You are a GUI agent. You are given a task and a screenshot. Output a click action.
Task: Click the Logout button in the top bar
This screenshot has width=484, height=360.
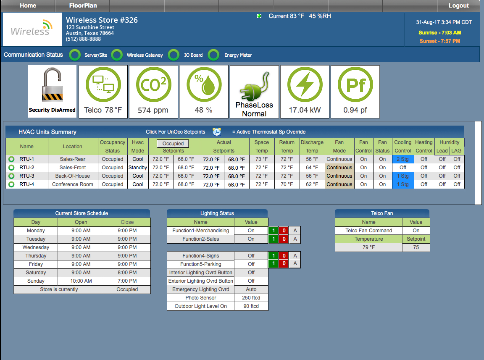click(458, 5)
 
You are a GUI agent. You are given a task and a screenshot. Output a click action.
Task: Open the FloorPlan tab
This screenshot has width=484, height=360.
click(83, 5)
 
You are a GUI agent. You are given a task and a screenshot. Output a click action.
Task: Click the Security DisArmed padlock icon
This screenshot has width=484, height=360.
click(52, 85)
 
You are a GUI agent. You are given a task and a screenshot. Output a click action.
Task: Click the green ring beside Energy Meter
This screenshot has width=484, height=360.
click(214, 55)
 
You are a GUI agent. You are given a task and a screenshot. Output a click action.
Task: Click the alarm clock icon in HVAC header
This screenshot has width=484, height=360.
click(217, 131)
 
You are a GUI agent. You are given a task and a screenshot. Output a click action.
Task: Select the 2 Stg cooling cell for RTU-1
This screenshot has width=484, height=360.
click(402, 159)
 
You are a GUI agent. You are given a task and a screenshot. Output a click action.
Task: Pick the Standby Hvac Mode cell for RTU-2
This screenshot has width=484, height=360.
click(138, 168)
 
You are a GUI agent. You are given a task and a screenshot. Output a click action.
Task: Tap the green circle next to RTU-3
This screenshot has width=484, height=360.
click(11, 176)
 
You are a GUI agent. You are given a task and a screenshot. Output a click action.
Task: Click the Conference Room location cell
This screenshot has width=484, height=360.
click(73, 184)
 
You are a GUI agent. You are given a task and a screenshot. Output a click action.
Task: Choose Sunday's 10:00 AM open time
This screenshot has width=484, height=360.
click(81, 281)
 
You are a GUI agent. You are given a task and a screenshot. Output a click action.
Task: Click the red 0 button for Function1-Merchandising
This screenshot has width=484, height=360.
click(284, 231)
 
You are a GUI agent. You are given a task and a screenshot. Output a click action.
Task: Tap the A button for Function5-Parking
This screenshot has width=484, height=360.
click(295, 264)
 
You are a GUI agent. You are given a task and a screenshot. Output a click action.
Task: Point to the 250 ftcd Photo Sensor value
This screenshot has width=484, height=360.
click(251, 298)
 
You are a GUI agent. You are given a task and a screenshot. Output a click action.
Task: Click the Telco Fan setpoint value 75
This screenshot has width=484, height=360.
click(416, 247)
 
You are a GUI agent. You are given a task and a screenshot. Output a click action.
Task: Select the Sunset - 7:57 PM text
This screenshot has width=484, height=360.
click(439, 41)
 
